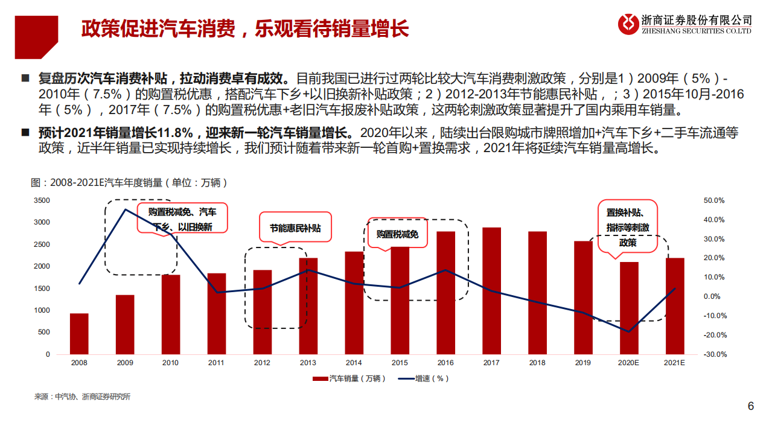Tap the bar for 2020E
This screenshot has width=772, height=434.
[x=629, y=308]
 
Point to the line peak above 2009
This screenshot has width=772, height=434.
[x=125, y=209]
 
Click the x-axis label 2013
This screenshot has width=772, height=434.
[x=308, y=363]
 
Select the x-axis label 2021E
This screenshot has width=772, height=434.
[x=675, y=363]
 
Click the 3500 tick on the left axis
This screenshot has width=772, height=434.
[x=42, y=200]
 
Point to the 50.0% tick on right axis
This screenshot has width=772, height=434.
[x=713, y=200]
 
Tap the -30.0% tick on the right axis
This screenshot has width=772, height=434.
[x=713, y=354]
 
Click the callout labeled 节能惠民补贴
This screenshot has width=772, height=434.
[x=295, y=228]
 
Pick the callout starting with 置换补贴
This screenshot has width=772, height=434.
[x=628, y=227]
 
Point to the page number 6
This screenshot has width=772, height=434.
[x=751, y=406]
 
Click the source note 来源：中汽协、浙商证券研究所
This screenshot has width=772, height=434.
[x=81, y=397]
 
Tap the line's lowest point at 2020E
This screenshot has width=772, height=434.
[x=629, y=331]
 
